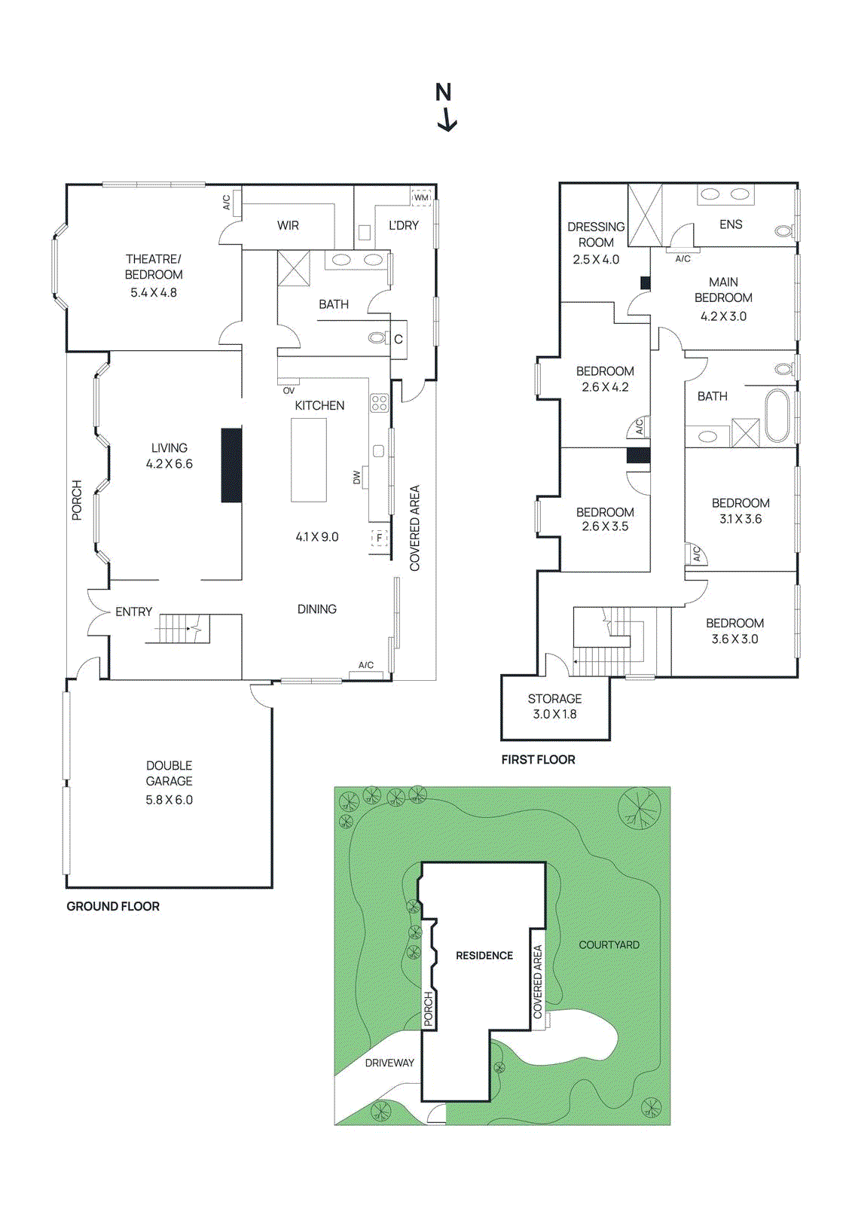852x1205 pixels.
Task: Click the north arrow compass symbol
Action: click(445, 108)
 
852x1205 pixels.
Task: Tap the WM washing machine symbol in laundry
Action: click(421, 197)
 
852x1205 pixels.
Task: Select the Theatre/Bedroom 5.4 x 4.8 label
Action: click(154, 276)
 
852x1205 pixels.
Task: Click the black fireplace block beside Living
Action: click(231, 465)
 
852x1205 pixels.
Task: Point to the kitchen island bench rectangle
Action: click(309, 459)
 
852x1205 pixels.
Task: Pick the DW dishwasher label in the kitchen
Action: click(357, 477)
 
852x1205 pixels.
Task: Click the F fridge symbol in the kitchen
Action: click(379, 538)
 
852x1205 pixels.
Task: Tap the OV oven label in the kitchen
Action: click(289, 390)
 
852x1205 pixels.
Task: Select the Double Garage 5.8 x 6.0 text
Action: click(169, 782)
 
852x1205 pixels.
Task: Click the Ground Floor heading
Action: click(113, 906)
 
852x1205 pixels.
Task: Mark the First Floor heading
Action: click(538, 759)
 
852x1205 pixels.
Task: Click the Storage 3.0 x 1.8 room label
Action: click(554, 706)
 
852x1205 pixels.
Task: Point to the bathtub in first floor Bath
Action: click(777, 416)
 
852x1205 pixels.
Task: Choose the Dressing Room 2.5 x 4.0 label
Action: click(596, 243)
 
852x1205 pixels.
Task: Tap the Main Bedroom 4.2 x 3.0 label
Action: click(723, 298)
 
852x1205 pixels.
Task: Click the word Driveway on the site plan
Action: click(389, 1063)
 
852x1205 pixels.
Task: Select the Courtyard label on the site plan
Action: click(609, 944)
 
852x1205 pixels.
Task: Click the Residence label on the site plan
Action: click(484, 955)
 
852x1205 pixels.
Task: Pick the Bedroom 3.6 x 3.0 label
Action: click(734, 630)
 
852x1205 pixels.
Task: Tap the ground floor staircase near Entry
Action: click(181, 628)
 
